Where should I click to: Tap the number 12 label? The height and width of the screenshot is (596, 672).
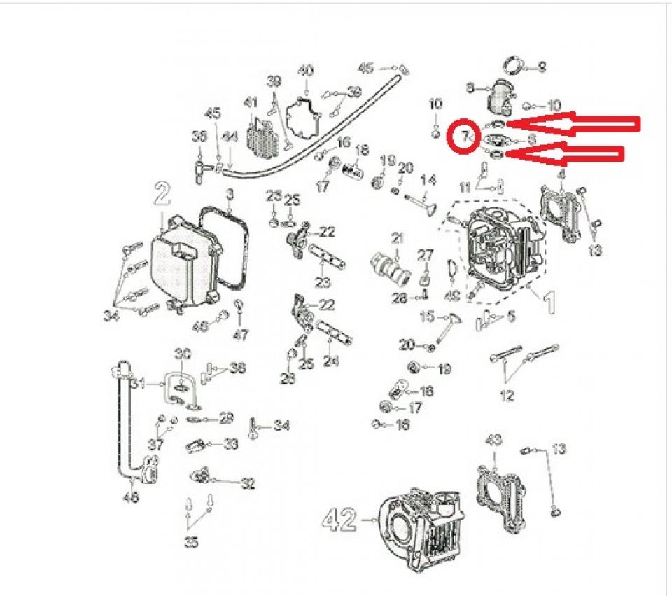pos(507,396)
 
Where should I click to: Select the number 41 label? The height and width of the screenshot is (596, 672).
pos(251,103)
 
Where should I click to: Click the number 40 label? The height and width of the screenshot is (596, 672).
pos(306,71)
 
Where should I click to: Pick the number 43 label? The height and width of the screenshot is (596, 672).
pos(494,440)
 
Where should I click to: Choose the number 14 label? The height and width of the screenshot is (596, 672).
pos(428,179)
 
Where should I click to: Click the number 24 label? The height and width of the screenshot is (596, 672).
pos(332,361)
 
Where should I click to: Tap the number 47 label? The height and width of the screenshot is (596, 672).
pos(240,335)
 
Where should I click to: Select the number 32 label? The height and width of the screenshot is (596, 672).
pos(248,483)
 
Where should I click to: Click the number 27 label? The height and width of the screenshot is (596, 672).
pos(426,254)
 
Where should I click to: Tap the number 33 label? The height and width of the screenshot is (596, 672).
pos(230,444)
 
